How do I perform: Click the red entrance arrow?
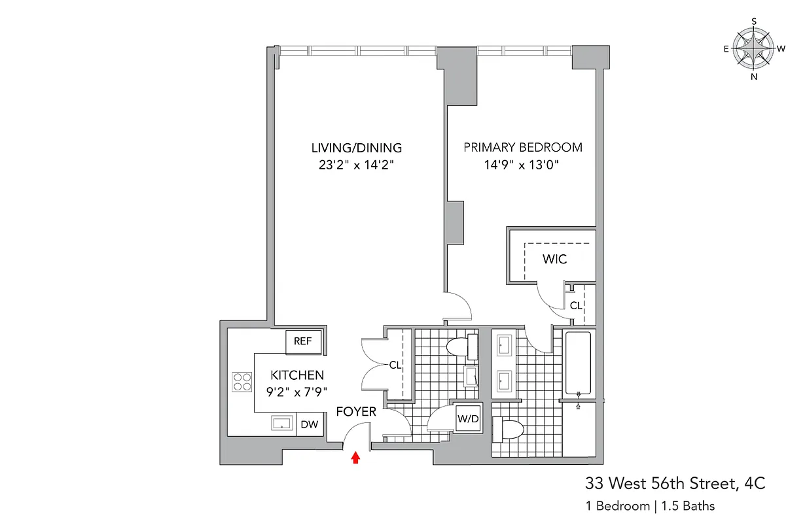point(355,458)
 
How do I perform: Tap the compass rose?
point(754,49)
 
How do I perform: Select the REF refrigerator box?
point(302,341)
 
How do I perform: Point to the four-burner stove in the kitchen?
point(242,381)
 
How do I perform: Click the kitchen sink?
point(282,424)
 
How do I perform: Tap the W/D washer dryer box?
point(467,418)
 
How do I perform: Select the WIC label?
point(554,260)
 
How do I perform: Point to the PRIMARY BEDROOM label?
point(523,148)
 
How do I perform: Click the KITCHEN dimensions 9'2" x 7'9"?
point(298,393)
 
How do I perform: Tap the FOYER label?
point(356,412)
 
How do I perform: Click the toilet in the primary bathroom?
point(508,430)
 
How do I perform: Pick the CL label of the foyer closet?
point(395,365)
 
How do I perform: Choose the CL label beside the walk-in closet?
point(576,305)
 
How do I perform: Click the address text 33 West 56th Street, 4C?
point(675,484)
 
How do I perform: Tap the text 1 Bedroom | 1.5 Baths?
point(649,506)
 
